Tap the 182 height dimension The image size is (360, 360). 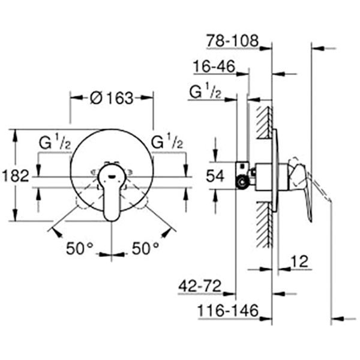(x=14, y=176)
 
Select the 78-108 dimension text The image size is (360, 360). (x=232, y=41)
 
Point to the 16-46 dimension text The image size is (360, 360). (x=214, y=66)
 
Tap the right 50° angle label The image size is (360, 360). (x=146, y=247)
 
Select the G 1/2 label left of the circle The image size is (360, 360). (x=56, y=144)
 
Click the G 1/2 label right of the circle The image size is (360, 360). (x=167, y=144)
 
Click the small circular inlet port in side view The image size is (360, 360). (x=242, y=182)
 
